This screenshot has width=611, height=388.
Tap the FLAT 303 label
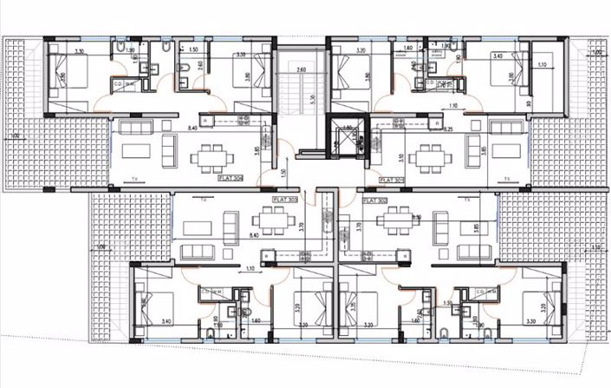pos(286,199)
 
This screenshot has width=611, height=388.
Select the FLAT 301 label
pos(393,180)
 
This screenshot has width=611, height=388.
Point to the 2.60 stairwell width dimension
pos(302,69)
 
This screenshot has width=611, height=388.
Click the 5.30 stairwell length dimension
pos(309,98)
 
